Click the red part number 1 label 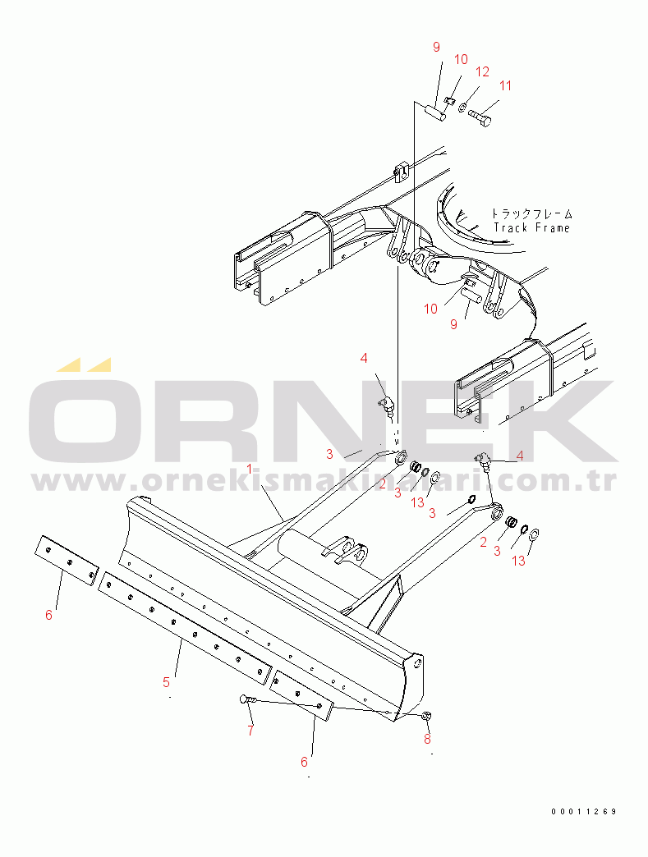(x=250, y=469)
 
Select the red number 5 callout (x=166, y=682)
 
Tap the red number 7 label (x=250, y=731)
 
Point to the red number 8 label (x=427, y=739)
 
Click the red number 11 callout (x=505, y=86)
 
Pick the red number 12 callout (x=482, y=71)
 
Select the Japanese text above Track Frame (x=531, y=213)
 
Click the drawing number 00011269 (x=584, y=812)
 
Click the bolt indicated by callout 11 (x=480, y=116)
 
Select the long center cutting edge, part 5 (x=185, y=628)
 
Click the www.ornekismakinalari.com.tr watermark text (x=324, y=481)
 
